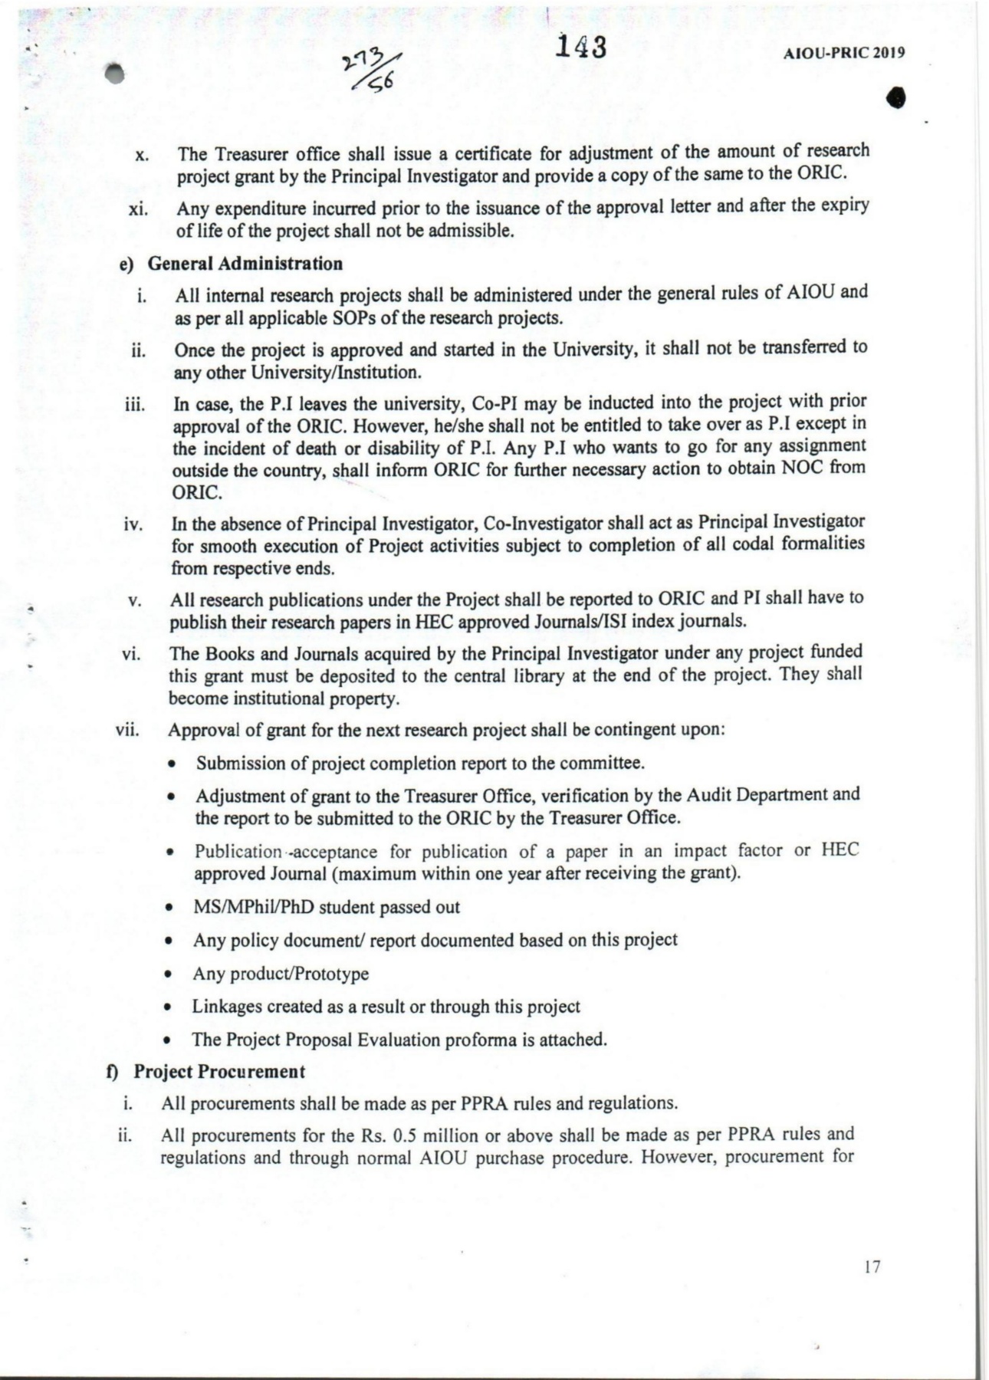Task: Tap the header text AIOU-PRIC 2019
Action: (844, 53)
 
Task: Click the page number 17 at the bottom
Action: (872, 1266)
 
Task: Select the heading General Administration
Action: (245, 264)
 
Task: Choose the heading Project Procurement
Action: (219, 1071)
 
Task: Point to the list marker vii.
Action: (127, 729)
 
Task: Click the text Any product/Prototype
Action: (281, 974)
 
